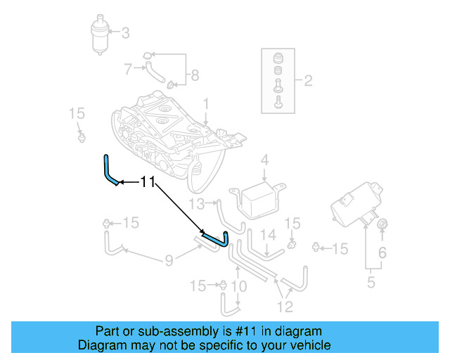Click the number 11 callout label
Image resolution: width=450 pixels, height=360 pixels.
click(147, 181)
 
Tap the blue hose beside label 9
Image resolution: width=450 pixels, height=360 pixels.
click(214, 238)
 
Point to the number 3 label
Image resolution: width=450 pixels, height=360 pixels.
click(126, 32)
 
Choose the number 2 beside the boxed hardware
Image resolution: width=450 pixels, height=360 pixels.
click(308, 81)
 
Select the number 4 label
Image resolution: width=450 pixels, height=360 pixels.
click(264, 161)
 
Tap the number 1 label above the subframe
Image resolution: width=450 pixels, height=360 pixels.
click(206, 104)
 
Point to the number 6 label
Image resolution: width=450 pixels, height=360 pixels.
click(382, 252)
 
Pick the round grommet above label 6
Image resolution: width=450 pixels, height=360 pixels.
click(382, 224)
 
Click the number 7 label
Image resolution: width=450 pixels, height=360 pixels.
click(128, 69)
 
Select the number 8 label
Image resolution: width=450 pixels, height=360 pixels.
click(195, 75)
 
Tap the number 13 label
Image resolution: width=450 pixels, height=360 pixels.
click(196, 204)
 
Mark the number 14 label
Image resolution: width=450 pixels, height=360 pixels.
click(268, 235)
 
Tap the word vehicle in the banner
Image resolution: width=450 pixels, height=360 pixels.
click(310, 345)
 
